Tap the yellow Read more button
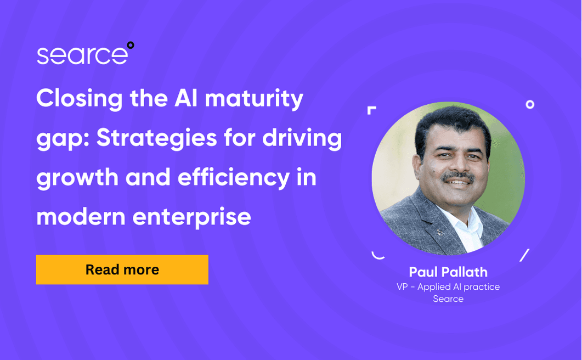coord(122,269)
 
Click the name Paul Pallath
coord(448,272)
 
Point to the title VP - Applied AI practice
coord(448,286)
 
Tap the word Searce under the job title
coord(448,299)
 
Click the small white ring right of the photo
coord(530,104)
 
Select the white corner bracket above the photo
coord(371,110)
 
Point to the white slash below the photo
coord(524,255)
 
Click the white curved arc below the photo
coord(377,255)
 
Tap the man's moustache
coord(458,177)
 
